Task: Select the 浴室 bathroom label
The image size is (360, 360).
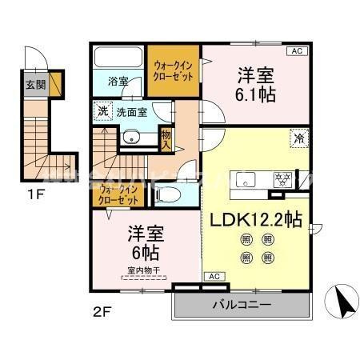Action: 119,82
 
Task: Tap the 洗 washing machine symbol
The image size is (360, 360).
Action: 102,111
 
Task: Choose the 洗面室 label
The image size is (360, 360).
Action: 130,112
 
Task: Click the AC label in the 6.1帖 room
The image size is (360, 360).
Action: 295,51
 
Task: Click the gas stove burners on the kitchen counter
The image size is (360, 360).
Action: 283,179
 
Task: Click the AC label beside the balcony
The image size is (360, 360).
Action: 213,277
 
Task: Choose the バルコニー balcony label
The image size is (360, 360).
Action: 241,306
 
